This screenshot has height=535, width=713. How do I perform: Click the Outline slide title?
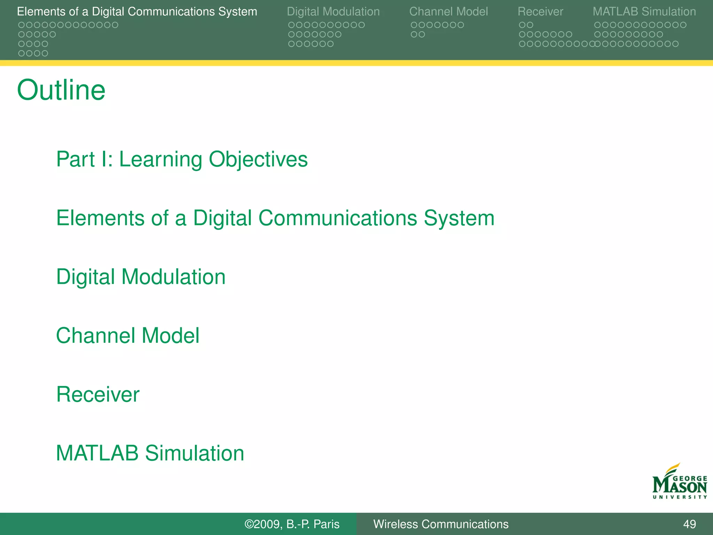point(61,90)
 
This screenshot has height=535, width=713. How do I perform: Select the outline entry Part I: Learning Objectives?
point(182,159)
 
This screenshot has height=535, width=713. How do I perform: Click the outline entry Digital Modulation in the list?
point(141,277)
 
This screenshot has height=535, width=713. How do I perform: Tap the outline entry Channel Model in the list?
point(127,336)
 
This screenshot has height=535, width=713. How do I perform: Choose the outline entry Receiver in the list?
point(98,395)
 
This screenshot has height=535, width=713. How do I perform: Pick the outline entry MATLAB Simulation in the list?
point(150,453)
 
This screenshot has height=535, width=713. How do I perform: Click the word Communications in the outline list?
point(338,218)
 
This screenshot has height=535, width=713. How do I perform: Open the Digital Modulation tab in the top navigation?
point(333,11)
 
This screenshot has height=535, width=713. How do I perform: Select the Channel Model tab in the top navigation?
point(448,11)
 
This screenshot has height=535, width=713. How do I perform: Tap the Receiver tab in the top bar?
point(540,11)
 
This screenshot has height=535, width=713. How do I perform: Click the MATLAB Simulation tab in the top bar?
point(644,11)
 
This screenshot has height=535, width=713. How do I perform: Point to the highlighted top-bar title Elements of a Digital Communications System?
point(137,11)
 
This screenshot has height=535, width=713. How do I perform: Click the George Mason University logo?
point(679,482)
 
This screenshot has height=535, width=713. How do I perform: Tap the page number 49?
point(689,524)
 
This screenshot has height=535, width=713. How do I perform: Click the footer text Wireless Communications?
point(441,524)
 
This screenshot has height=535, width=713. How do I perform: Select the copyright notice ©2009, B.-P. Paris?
point(292,524)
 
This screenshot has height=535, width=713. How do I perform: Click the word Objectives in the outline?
point(258,159)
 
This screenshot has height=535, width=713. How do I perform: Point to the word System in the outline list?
point(459,218)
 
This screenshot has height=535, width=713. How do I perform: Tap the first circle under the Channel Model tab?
point(414,25)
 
